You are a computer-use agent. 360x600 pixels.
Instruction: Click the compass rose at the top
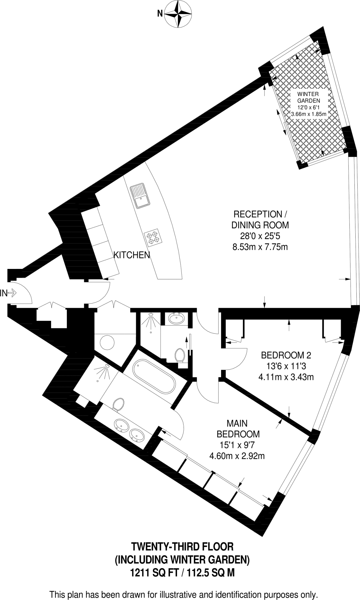(x=178, y=14)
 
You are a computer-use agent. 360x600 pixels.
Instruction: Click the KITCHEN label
(x=132, y=255)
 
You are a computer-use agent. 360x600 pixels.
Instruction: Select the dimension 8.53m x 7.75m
(x=260, y=247)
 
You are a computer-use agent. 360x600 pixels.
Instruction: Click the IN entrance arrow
(x=9, y=293)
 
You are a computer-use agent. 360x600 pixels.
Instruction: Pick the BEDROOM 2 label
(x=286, y=355)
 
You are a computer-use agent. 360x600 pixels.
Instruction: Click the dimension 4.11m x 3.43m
(x=286, y=377)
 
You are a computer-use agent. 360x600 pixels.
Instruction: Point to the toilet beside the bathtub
(x=118, y=404)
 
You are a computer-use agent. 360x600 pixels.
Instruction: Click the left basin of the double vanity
(x=121, y=426)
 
